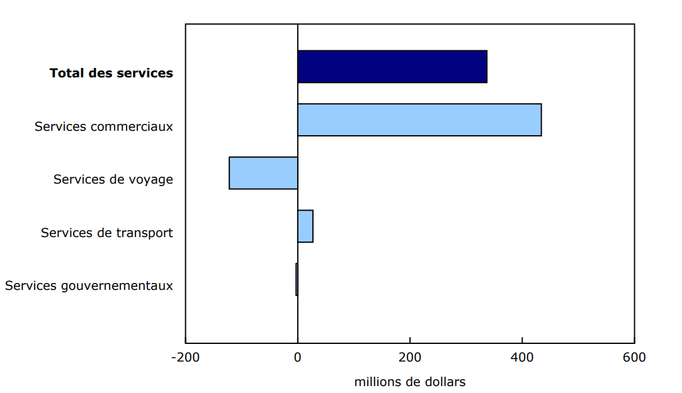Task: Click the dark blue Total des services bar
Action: tap(392, 67)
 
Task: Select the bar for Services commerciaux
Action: tap(419, 119)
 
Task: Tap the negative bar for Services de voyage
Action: tap(263, 173)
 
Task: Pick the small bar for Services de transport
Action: tap(305, 226)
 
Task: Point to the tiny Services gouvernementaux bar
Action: tap(297, 279)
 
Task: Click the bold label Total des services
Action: tap(111, 73)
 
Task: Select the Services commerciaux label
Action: tap(104, 126)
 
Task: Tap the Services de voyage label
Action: tap(113, 180)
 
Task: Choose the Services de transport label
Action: tap(107, 233)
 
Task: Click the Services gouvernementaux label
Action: tap(89, 286)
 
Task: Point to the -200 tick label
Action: tap(185, 358)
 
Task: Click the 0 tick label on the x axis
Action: tap(298, 358)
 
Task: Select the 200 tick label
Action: tap(410, 358)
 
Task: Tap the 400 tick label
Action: tap(522, 358)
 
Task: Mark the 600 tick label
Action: tap(634, 358)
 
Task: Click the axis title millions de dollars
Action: tap(410, 382)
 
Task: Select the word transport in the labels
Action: tap(145, 233)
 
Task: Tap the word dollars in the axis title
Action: tap(445, 382)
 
